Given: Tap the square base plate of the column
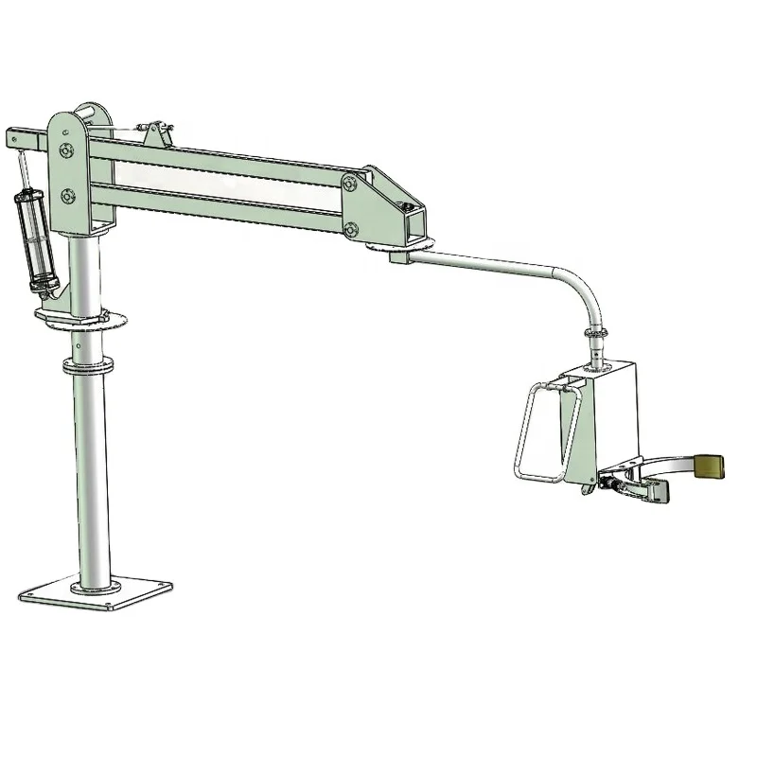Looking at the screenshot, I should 86,594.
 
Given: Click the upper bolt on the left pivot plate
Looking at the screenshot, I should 65,151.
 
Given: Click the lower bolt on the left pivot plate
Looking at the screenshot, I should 66,196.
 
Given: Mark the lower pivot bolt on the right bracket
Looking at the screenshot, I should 351,228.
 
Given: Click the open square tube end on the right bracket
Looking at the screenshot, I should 414,224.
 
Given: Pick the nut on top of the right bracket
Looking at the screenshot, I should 407,203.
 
